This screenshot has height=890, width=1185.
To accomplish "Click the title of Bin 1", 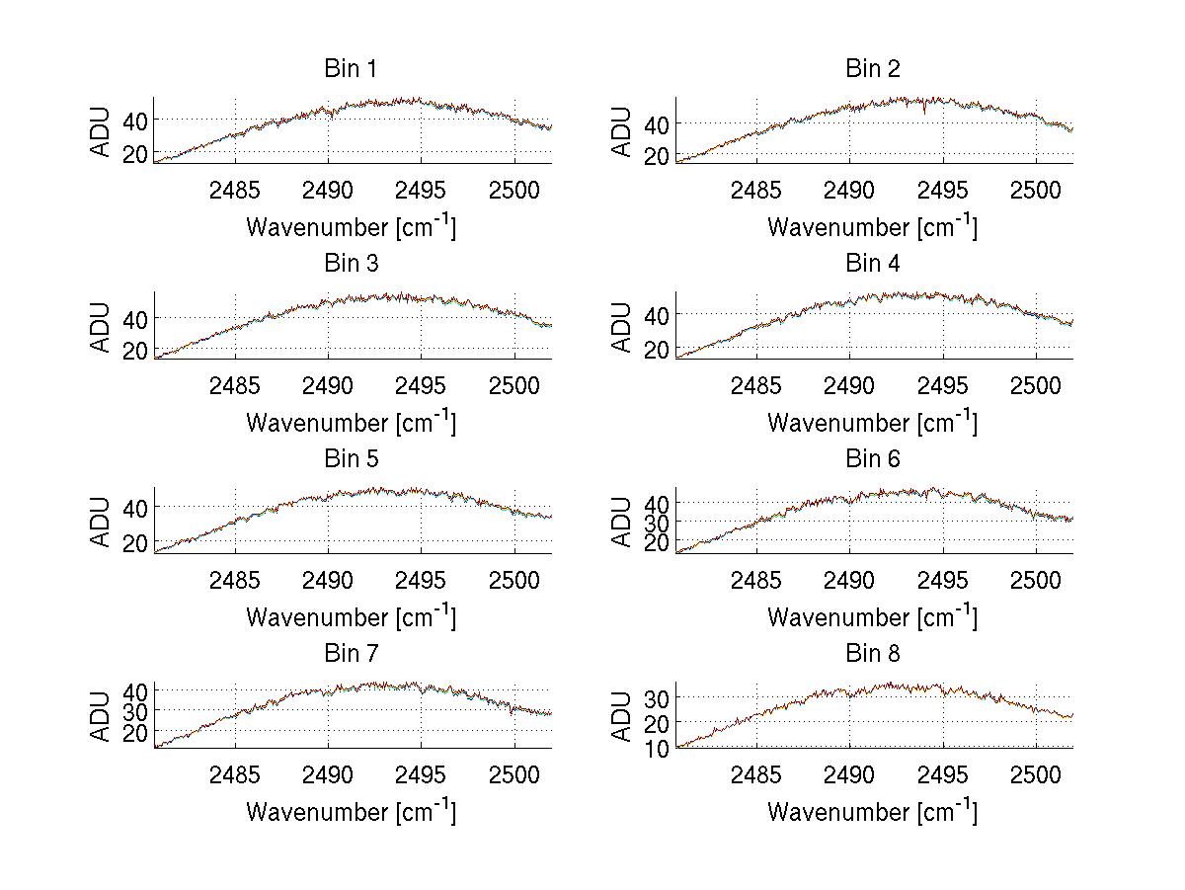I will point(351,69).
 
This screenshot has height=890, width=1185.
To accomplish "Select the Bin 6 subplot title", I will point(873,459).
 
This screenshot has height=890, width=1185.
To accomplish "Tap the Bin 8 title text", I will point(873,654).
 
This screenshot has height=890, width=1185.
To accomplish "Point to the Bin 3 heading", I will point(351,264).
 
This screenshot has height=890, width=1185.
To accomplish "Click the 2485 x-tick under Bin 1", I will point(235,190).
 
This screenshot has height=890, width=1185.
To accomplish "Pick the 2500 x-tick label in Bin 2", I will point(1035,190).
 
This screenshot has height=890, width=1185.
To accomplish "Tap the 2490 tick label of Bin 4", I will point(849,385).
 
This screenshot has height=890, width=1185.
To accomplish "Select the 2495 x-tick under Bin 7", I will point(422,774).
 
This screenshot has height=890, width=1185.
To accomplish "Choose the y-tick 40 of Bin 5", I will point(134,507).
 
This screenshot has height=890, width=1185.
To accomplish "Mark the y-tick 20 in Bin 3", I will point(134,351).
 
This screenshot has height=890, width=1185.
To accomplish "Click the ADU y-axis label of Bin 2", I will point(621,132).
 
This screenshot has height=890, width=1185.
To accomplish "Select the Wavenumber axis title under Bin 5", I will point(351,616).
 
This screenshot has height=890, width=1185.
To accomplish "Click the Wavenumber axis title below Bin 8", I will point(872,811).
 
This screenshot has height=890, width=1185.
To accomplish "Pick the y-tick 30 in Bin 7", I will point(134,710).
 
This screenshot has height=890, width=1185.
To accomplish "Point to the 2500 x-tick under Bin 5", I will point(513,580).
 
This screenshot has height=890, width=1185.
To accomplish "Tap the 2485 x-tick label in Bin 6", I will point(756,580).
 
